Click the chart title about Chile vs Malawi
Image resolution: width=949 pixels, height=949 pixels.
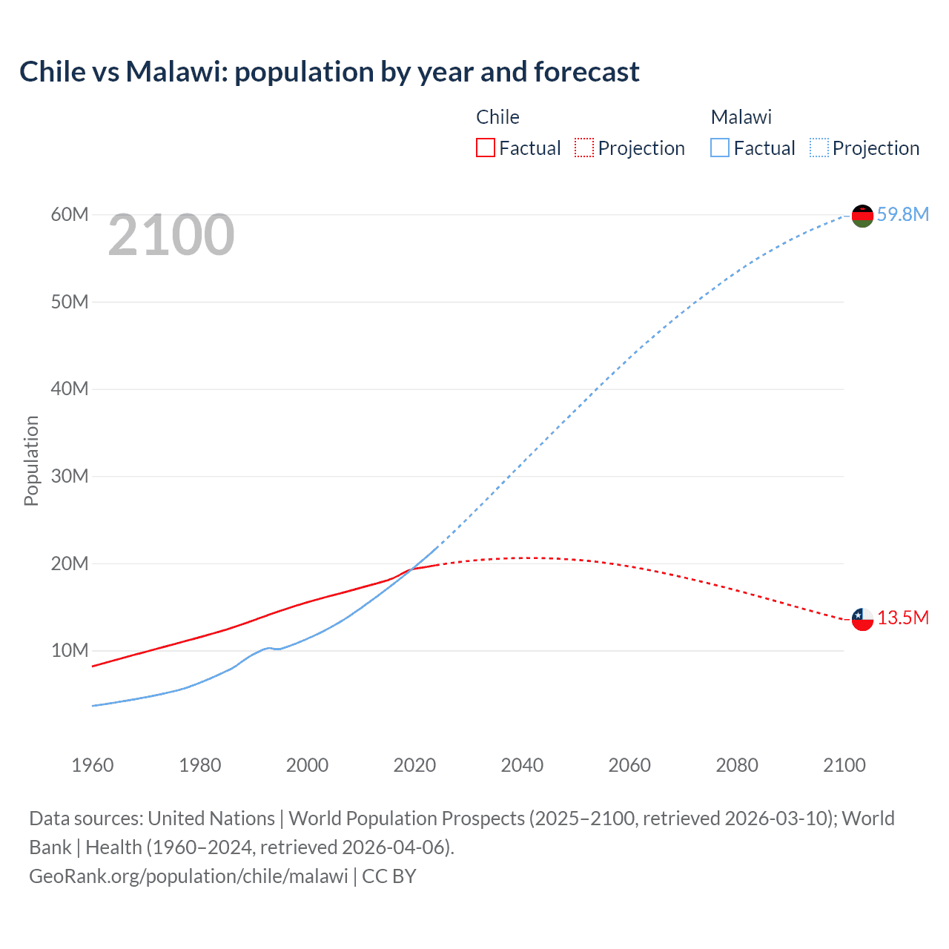(329, 72)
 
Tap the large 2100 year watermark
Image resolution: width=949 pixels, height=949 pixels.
(171, 235)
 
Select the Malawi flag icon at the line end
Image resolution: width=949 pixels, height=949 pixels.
(862, 216)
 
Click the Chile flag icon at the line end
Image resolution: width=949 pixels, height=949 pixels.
(862, 619)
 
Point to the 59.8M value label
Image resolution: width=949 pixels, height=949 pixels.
(902, 214)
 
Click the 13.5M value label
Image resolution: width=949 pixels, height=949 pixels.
(902, 618)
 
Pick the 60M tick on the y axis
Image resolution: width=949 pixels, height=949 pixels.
(70, 214)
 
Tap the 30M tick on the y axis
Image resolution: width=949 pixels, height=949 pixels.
(70, 476)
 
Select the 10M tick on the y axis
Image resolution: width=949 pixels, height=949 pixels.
(70, 650)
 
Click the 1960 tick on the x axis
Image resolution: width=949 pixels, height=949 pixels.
(93, 765)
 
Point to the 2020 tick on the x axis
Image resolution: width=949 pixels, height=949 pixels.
(414, 765)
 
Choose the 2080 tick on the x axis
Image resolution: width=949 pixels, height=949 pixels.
(737, 765)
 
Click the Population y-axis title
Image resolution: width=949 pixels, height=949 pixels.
(31, 460)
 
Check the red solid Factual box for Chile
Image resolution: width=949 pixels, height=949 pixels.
(485, 148)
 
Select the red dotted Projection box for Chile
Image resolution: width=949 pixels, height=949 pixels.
(584, 148)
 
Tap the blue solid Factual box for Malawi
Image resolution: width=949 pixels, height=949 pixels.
(720, 148)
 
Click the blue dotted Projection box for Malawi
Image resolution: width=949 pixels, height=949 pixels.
(819, 148)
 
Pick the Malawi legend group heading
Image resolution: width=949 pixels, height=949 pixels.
(741, 117)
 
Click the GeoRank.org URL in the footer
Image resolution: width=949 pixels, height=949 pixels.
(188, 876)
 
